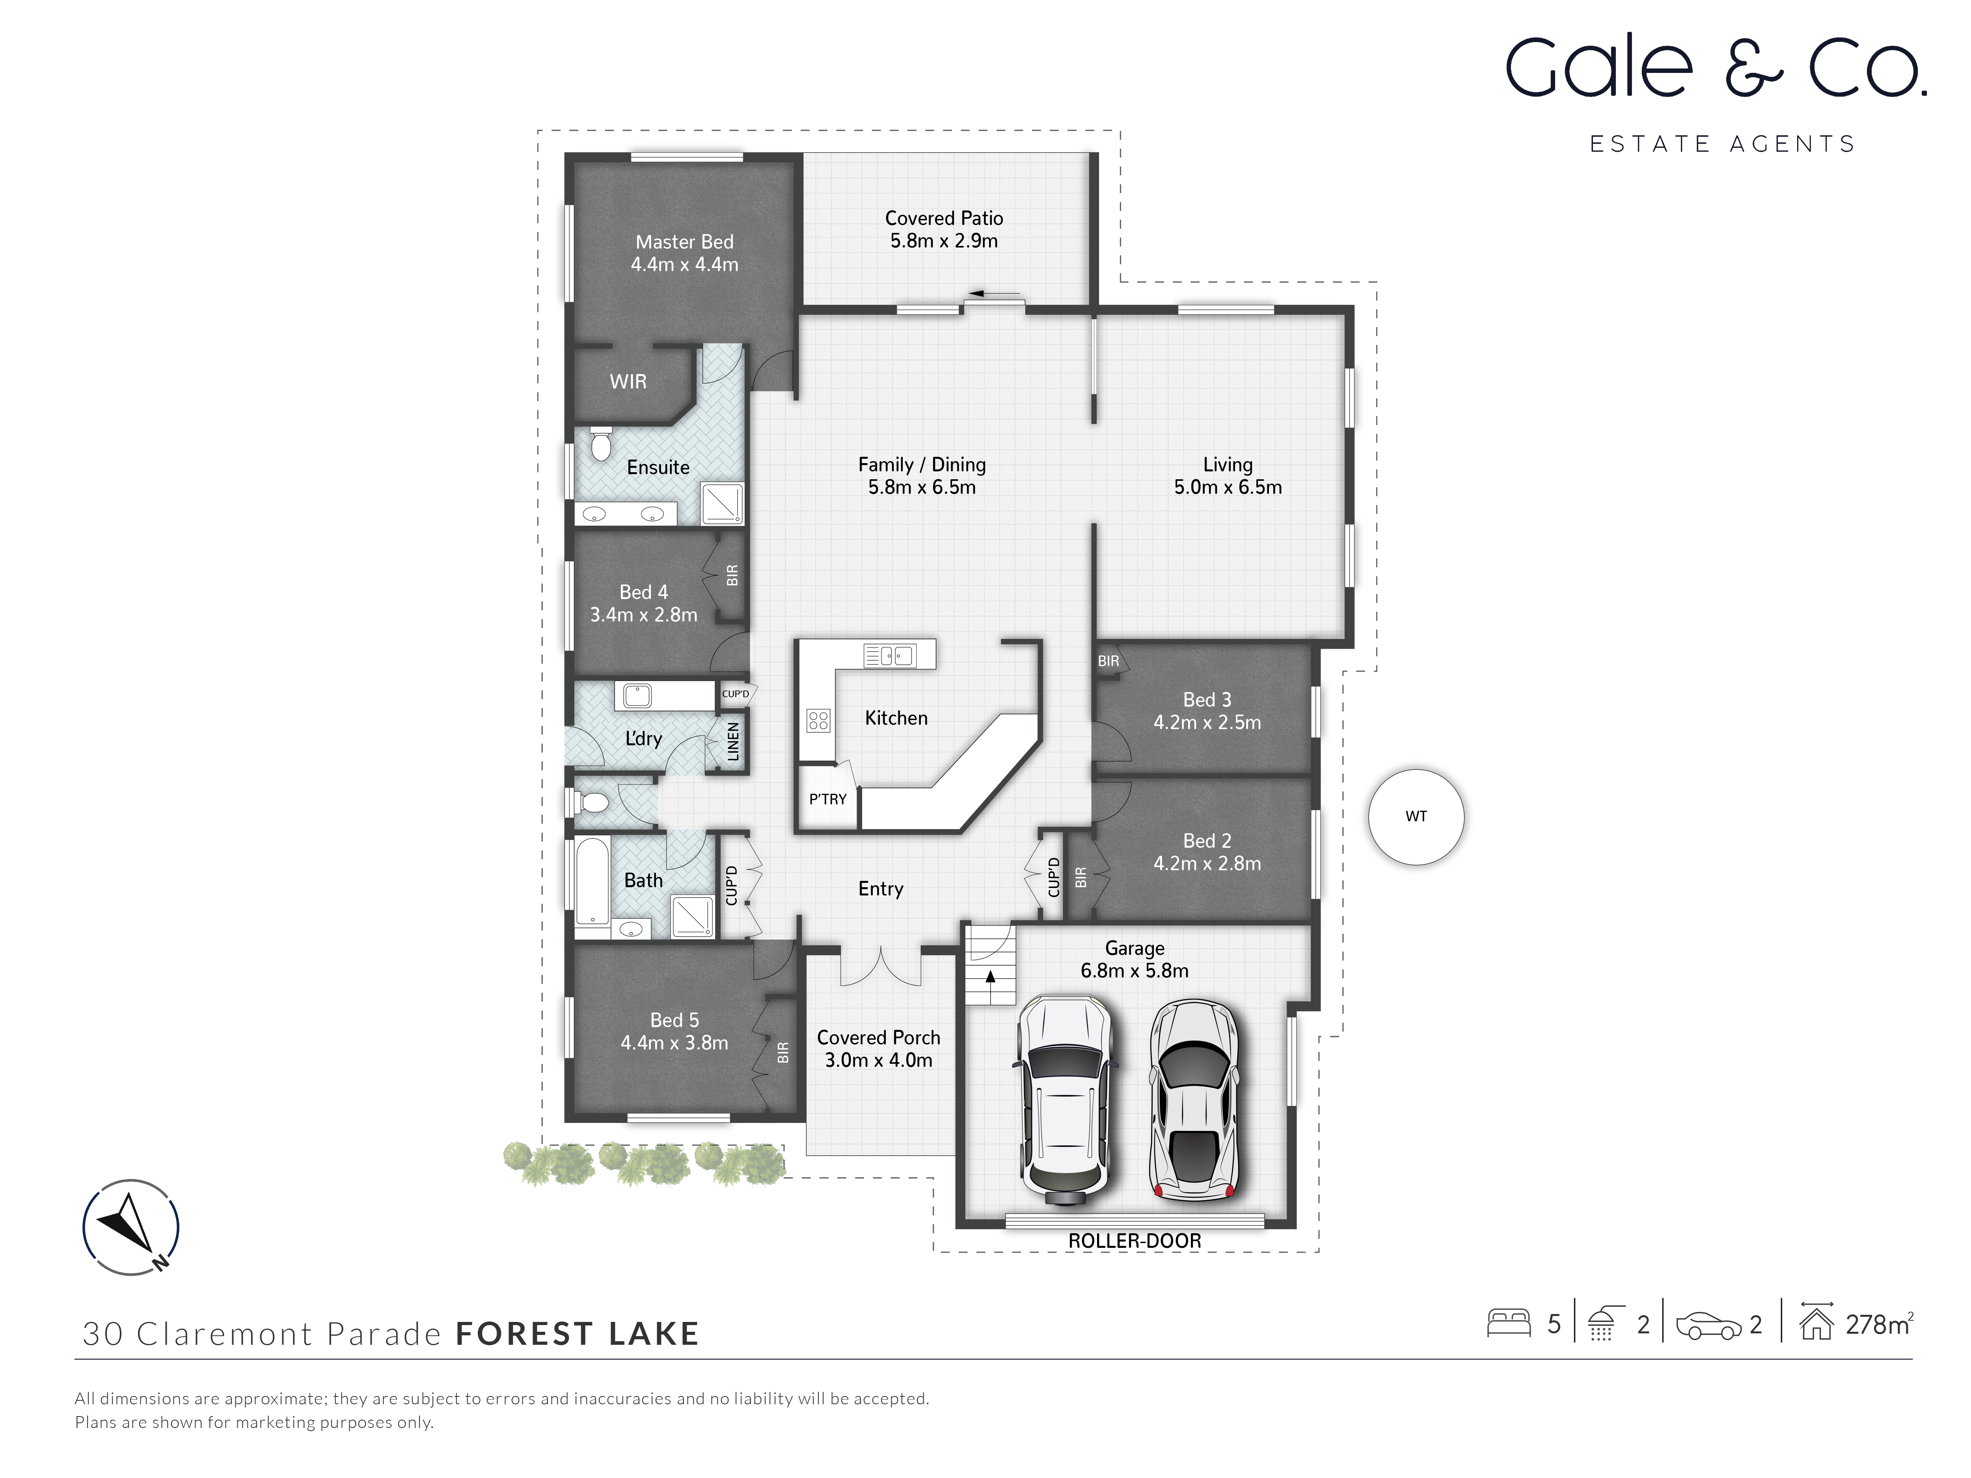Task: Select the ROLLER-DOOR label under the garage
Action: (1134, 1241)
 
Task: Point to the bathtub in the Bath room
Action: (592, 880)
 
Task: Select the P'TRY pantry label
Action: (827, 799)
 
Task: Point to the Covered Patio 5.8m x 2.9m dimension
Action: (944, 240)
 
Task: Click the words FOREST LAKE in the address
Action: (578, 1334)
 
